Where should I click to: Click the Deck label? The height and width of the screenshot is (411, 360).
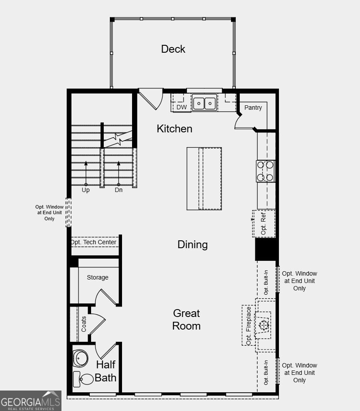click(x=173, y=49)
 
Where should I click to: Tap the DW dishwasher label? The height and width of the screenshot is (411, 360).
click(x=181, y=107)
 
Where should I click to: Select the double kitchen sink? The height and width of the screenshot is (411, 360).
click(x=204, y=103)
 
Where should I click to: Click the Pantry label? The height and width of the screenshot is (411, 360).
click(x=253, y=108)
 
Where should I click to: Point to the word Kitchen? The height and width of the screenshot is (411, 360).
click(x=174, y=128)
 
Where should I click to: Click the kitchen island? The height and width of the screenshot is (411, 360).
click(x=204, y=178)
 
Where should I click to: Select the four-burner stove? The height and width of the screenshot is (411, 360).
click(x=265, y=171)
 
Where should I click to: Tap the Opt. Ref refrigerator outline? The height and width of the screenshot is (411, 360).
click(x=264, y=223)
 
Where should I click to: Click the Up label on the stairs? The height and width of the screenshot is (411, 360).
click(x=86, y=190)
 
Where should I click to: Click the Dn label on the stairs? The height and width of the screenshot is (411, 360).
click(x=119, y=190)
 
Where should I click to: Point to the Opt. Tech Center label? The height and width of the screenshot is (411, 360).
click(x=94, y=242)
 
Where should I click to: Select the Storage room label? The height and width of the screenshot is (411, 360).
click(x=98, y=277)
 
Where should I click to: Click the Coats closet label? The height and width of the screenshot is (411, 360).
click(x=84, y=323)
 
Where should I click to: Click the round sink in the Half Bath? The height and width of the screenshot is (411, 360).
click(x=81, y=358)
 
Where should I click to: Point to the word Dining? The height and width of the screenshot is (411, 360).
click(x=192, y=244)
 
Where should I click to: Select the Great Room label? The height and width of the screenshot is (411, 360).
click(x=186, y=319)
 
